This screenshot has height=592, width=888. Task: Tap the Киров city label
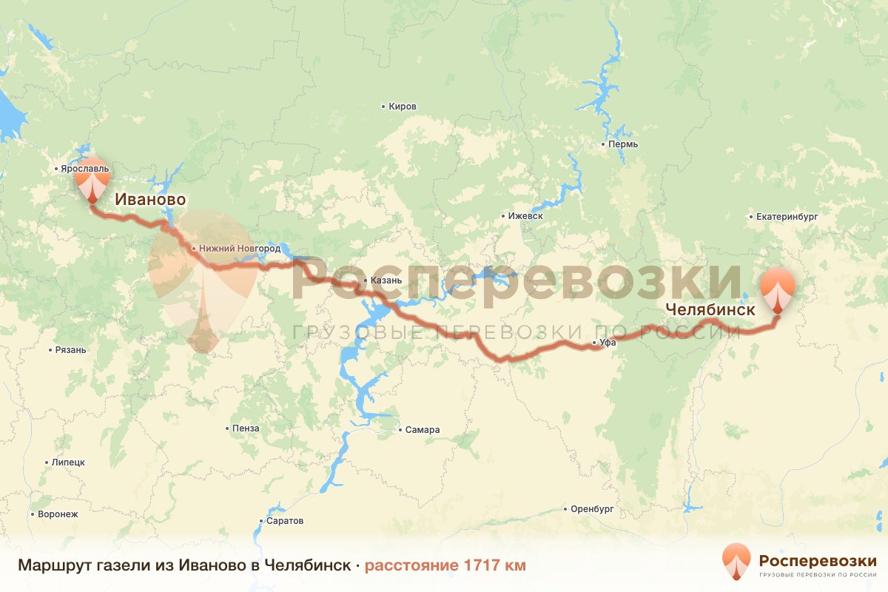pyautogui.click(x=403, y=107)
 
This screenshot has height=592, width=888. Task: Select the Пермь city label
pyautogui.click(x=622, y=144)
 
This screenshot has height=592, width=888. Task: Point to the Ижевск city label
pyautogui.click(x=526, y=216)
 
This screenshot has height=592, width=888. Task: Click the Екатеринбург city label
pyautogui.click(x=786, y=218)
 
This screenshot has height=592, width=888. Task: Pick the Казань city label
pyautogui.click(x=386, y=281)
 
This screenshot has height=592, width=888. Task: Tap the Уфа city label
pyautogui.click(x=608, y=343)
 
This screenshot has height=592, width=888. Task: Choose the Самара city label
pyautogui.click(x=423, y=430)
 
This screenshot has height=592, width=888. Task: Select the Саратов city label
pyautogui.click(x=285, y=521)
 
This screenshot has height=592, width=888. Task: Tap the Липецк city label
pyautogui.click(x=68, y=462)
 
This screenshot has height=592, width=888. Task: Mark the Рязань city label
pyautogui.click(x=71, y=350)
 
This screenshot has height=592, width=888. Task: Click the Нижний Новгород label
pyautogui.click(x=238, y=249)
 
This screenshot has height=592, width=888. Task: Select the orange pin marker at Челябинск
pyautogui.click(x=778, y=290)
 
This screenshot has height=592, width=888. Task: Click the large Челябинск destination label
pyautogui.click(x=710, y=310)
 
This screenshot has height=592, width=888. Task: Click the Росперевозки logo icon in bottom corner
pyautogui.click(x=736, y=561)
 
